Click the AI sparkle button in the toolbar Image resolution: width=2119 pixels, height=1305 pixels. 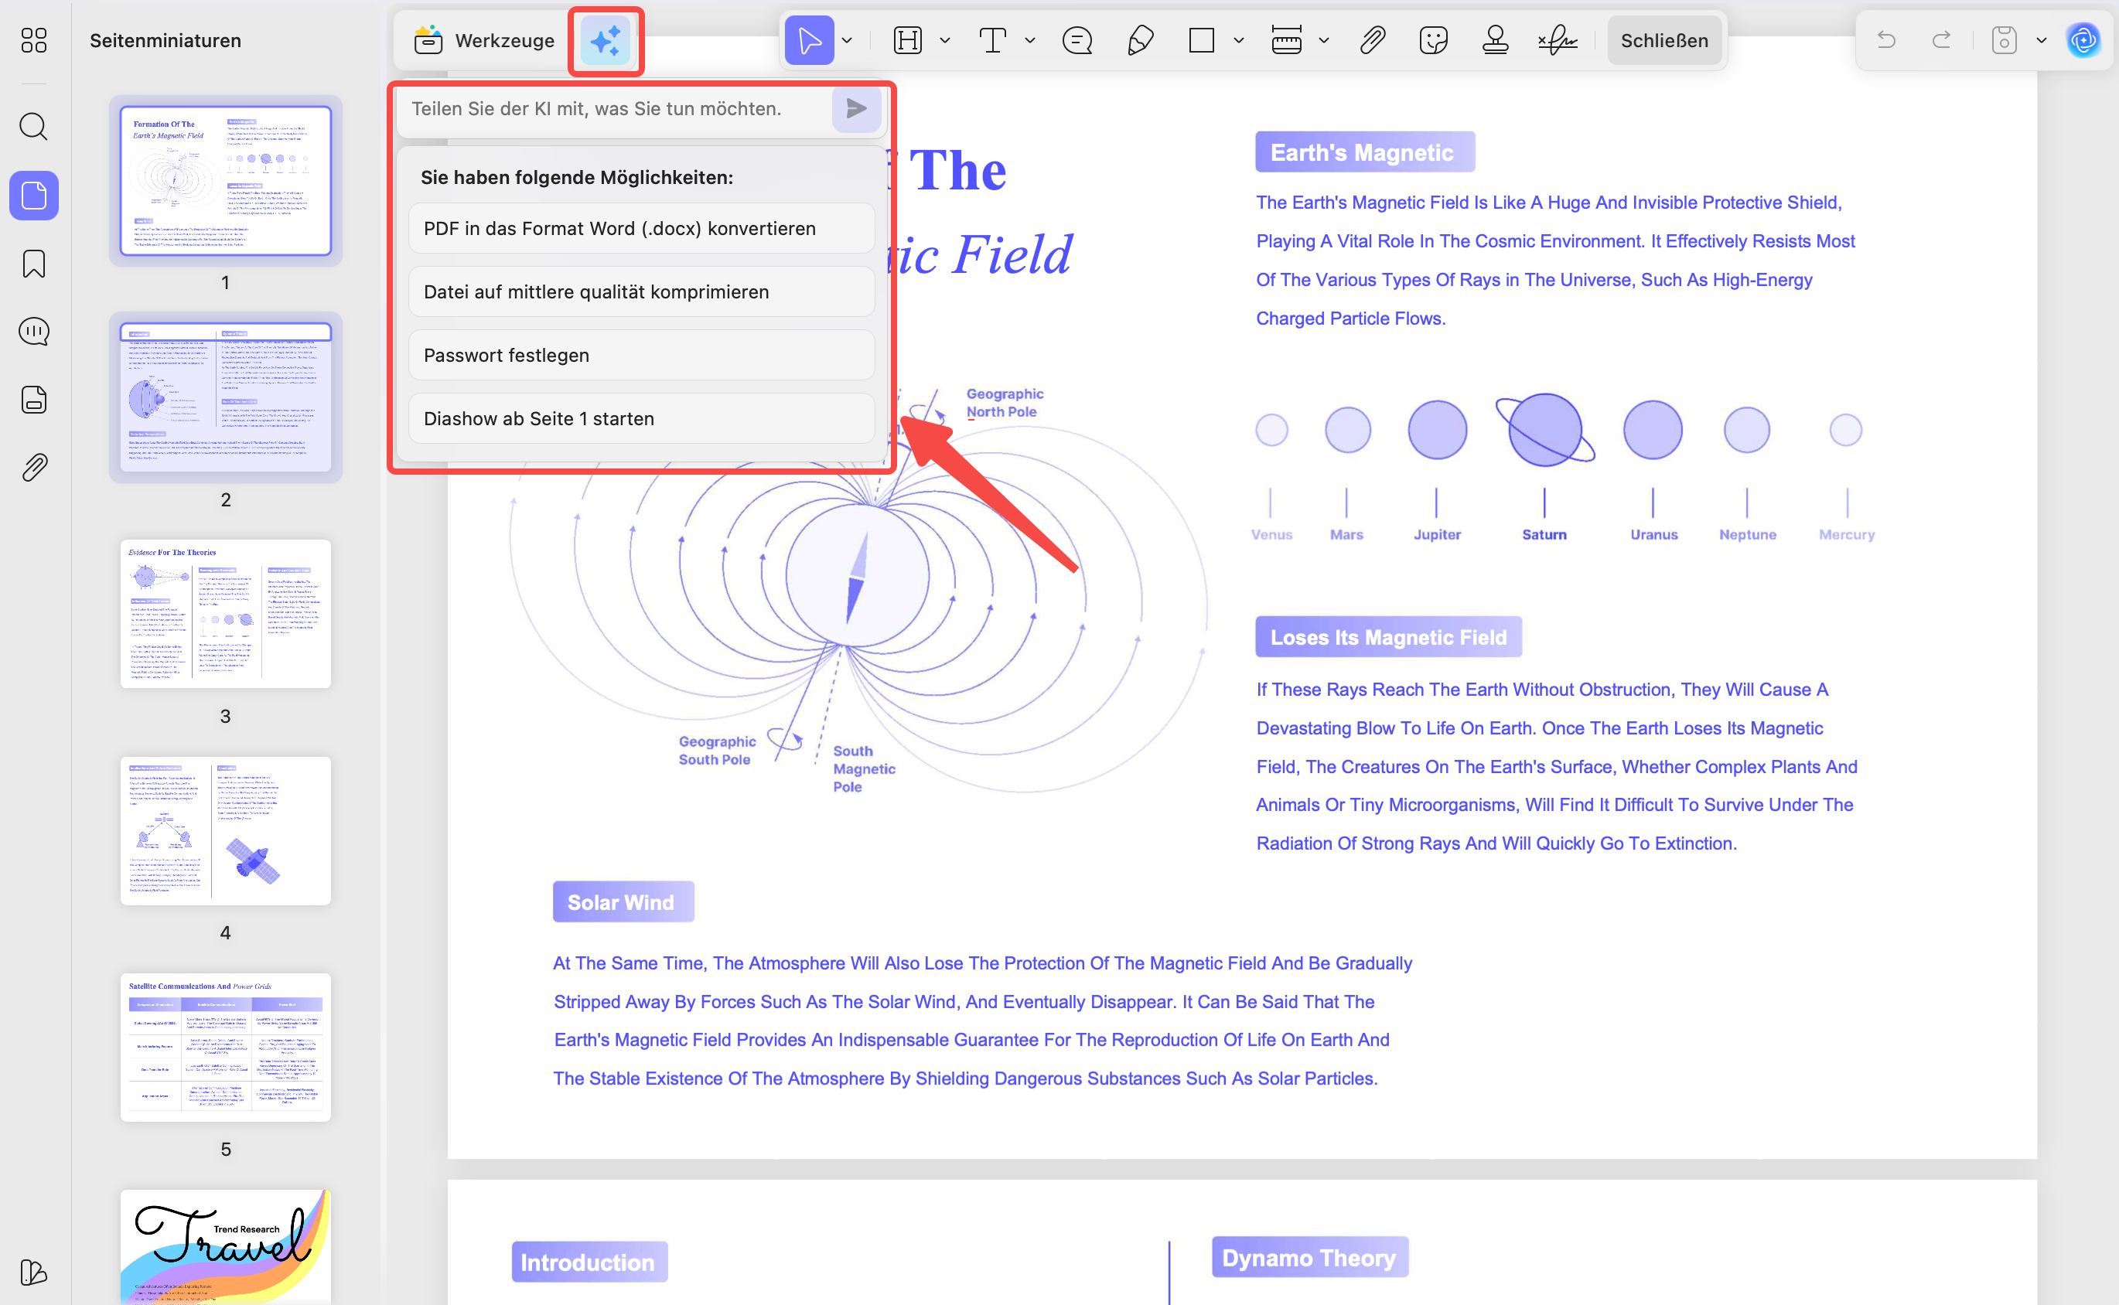point(605,40)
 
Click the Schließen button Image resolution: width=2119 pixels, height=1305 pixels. point(1663,40)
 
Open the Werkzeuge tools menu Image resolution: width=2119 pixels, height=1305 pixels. point(484,40)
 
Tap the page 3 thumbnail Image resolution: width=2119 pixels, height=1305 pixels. point(225,614)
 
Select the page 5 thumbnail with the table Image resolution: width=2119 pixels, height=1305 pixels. point(225,1047)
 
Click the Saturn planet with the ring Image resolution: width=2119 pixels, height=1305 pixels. point(1544,430)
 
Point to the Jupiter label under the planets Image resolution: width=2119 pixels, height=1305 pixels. point(1436,535)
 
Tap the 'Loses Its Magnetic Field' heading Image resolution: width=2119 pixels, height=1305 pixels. point(1388,637)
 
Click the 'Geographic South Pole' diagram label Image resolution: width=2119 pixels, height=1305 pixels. point(716,750)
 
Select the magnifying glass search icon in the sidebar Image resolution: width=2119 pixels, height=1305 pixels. point(34,127)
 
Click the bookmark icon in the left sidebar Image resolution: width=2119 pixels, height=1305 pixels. point(34,264)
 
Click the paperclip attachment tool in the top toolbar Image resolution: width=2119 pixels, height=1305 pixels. point(1371,40)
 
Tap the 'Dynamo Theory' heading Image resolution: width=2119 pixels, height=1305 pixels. point(1309,1258)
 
